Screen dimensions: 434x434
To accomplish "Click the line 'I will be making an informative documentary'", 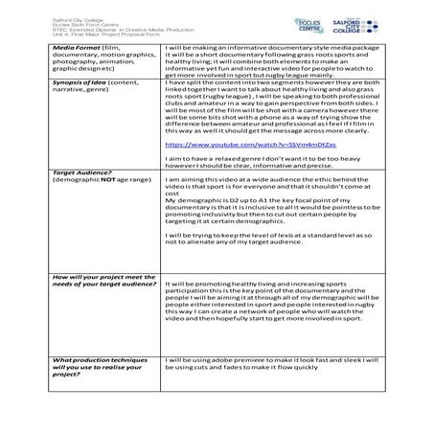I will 276,46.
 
